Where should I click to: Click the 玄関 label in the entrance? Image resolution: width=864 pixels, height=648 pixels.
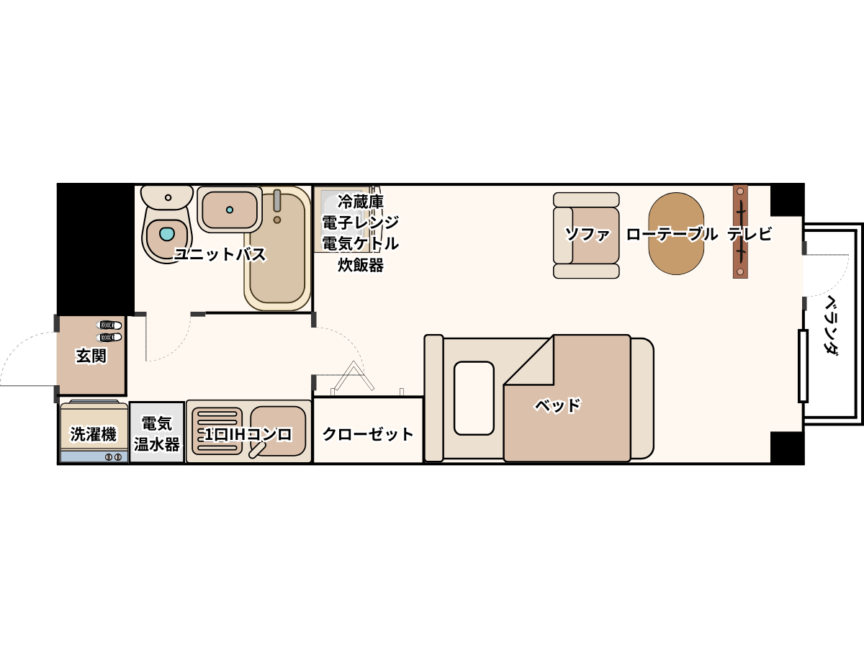pos(91,356)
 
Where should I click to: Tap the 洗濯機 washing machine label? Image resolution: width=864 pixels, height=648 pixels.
pos(94,434)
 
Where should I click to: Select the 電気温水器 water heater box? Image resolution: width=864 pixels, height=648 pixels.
pos(157,432)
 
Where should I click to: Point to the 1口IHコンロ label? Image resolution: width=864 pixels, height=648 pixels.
pos(248,434)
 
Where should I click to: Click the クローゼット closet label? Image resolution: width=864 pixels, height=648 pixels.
pos(368,434)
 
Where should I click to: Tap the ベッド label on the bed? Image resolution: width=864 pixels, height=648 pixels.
pos(557,405)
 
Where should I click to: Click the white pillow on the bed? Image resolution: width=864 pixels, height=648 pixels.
pos(474,397)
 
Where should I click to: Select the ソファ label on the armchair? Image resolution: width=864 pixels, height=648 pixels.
pos(588,234)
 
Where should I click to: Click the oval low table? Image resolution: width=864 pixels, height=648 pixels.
pos(676,233)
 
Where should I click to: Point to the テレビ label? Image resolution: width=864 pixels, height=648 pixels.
pos(749,234)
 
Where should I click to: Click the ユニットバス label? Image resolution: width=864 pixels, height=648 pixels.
pos(220,254)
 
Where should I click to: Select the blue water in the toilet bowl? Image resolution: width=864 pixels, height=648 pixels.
pos(167,234)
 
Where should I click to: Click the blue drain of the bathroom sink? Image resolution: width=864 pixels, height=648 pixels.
pos(230,210)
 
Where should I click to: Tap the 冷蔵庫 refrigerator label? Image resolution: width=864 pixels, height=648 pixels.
pos(360,202)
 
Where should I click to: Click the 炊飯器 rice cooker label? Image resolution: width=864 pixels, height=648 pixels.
pos(361,265)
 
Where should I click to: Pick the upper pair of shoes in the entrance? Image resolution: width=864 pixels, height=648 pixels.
pos(109,325)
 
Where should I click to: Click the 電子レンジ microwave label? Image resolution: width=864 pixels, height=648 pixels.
pos(360,222)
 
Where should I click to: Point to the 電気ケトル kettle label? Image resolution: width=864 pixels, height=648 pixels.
pos(360,243)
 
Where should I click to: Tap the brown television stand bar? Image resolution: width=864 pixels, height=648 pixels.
pos(740,232)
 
